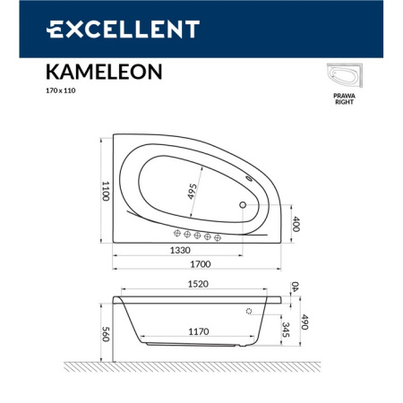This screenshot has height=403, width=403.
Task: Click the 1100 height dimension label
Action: tap(105, 191)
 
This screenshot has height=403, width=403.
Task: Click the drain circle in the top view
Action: tap(242, 204)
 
